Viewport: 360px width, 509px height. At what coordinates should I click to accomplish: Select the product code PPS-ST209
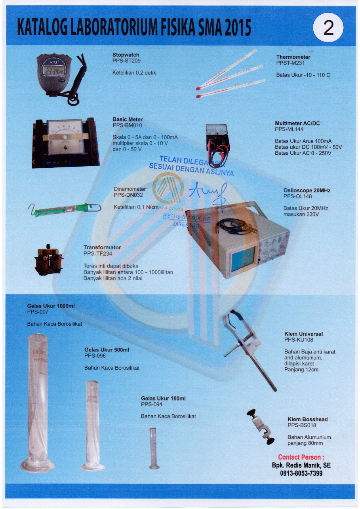pos(126,61)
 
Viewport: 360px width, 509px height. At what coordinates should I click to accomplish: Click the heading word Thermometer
pos(293,57)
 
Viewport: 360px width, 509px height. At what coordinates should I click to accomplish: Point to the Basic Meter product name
pos(128,120)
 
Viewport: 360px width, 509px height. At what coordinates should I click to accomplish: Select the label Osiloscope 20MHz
pos(307,190)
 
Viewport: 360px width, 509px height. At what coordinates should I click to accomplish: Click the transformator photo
pos(48,261)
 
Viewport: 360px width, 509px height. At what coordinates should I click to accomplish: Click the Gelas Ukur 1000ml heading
pos(51,306)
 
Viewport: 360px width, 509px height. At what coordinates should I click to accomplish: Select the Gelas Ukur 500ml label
pos(107,350)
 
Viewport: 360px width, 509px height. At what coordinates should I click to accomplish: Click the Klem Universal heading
pos(303,334)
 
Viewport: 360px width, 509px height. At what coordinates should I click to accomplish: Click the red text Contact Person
pos(301,457)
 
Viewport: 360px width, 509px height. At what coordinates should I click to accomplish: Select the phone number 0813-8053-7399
pos(301,473)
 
